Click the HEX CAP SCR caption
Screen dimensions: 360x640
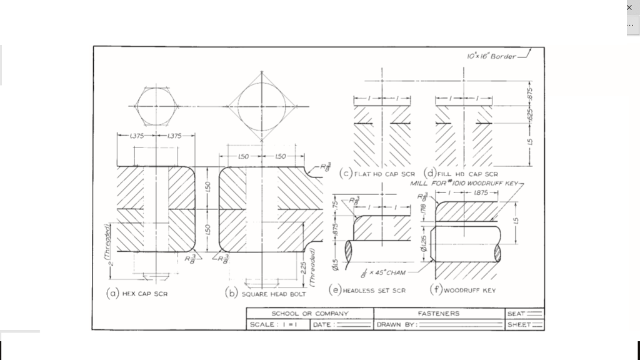pos(144,293)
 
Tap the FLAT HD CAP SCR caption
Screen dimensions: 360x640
pos(384,174)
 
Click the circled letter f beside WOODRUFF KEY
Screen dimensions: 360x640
pos(435,289)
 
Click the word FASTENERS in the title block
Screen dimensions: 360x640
pos(437,313)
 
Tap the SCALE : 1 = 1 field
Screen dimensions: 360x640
pos(272,325)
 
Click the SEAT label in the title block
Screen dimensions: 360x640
pos(516,313)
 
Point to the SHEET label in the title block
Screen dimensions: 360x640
pos(518,325)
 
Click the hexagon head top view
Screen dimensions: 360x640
pos(156,106)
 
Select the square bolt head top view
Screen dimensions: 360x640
pos(262,107)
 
